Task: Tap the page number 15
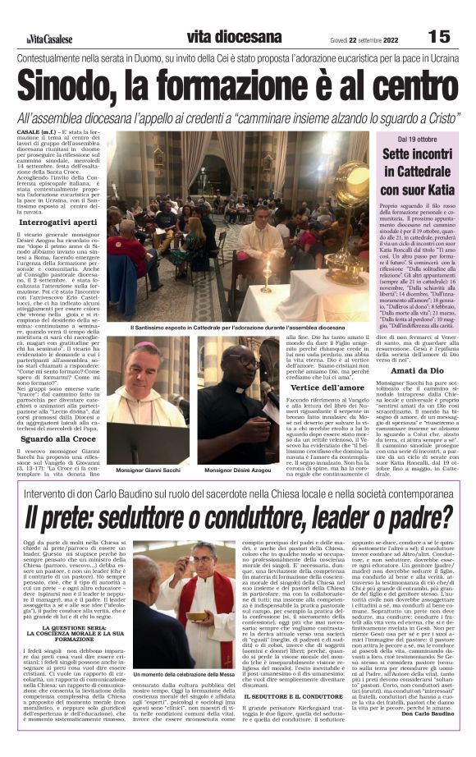[x=439, y=36]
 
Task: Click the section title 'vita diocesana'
[x=234, y=37]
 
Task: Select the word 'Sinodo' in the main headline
[x=74, y=87]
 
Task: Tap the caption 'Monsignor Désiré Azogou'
[x=239, y=470]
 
